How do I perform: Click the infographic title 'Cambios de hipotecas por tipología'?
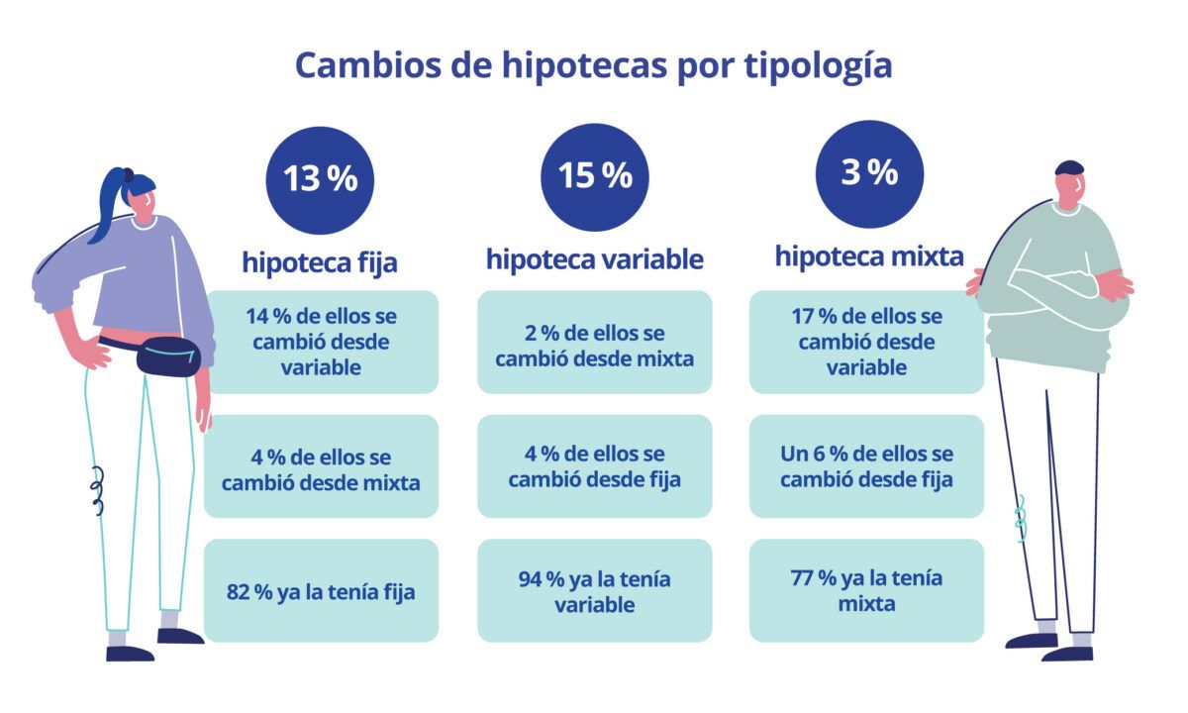click(x=594, y=65)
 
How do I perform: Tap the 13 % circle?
click(x=320, y=179)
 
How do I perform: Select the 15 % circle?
click(x=594, y=176)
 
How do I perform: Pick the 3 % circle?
click(x=869, y=174)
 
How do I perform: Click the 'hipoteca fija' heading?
click(x=320, y=262)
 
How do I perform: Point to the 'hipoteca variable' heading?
click(x=594, y=259)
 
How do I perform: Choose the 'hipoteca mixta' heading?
click(x=868, y=256)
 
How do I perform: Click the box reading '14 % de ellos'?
click(x=320, y=342)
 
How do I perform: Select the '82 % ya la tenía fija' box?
click(x=320, y=591)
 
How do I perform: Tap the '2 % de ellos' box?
click(x=594, y=343)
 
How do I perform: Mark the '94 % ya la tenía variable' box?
click(x=594, y=591)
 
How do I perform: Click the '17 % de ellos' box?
click(x=866, y=342)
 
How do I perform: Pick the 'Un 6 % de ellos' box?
click(x=866, y=466)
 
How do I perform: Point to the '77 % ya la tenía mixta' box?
click(x=866, y=590)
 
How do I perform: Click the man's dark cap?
click(x=1069, y=167)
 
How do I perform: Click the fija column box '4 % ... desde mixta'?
click(x=320, y=466)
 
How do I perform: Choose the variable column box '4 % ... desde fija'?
click(x=594, y=466)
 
